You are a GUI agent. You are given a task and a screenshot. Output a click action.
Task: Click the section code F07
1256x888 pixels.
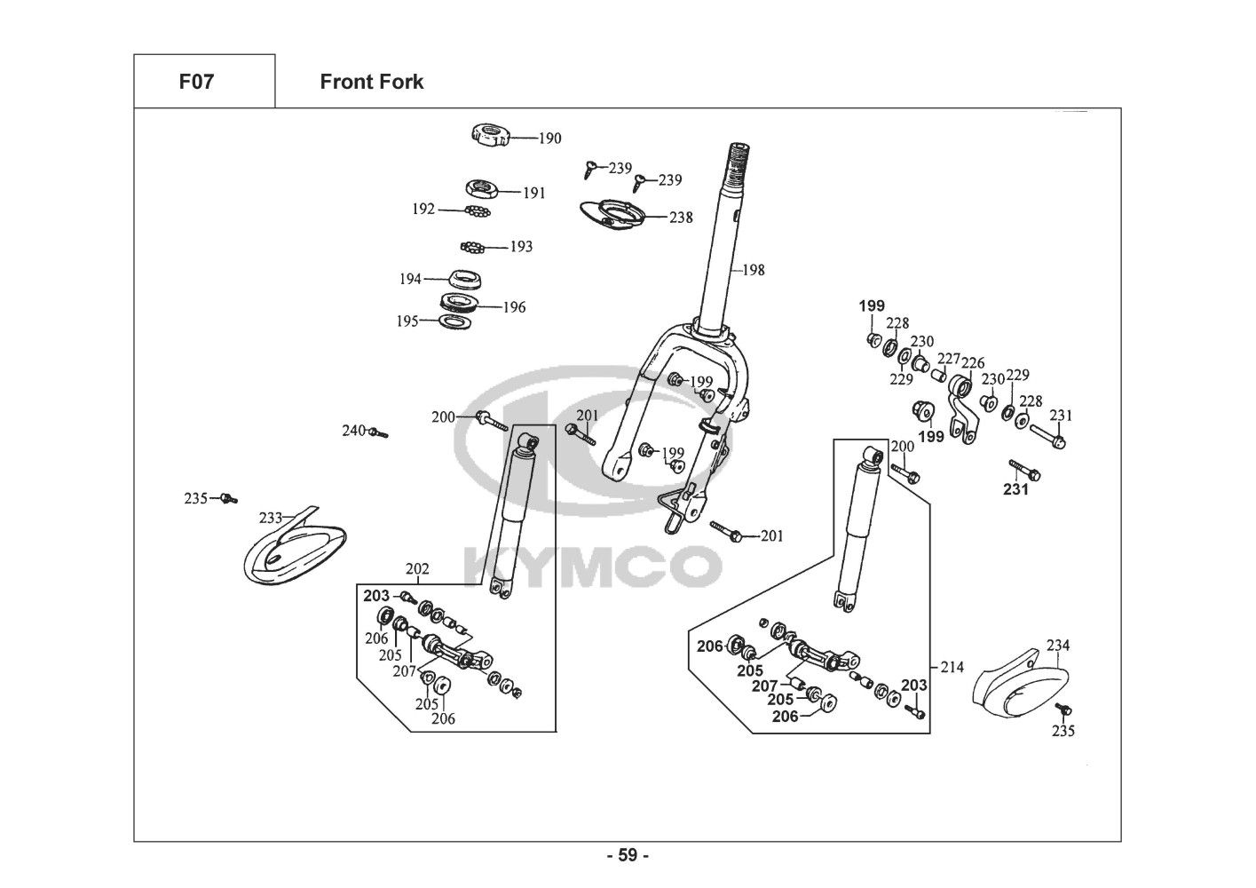[196, 83]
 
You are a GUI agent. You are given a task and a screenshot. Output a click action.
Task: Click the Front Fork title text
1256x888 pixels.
[371, 83]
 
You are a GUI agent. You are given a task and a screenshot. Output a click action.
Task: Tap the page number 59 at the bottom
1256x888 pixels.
[628, 856]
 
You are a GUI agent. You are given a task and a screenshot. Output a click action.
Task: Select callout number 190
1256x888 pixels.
[549, 139]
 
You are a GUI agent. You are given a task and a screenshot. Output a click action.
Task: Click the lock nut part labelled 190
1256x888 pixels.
[488, 135]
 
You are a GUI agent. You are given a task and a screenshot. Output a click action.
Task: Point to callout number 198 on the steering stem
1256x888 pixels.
[753, 270]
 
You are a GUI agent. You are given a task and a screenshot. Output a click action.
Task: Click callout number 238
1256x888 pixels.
[681, 217]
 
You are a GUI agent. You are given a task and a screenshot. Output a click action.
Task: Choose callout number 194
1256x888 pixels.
[410, 279]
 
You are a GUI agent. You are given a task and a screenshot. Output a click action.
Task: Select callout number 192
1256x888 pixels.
[424, 210]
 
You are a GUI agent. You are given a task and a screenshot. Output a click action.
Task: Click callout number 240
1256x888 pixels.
[354, 431]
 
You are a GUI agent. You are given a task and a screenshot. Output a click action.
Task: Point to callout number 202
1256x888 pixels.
[417, 569]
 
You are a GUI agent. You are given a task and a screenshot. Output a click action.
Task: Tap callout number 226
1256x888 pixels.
[973, 363]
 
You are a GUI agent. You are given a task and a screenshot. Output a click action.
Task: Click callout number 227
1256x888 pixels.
[949, 359]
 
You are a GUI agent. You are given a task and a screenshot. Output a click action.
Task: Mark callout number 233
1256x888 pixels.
[270, 518]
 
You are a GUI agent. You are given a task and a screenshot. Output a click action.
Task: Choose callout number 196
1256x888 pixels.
[514, 307]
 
